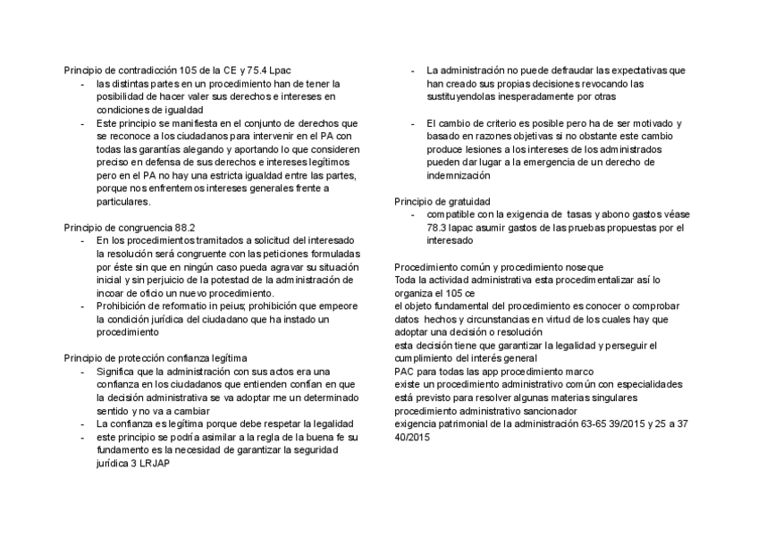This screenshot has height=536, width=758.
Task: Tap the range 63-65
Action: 584,424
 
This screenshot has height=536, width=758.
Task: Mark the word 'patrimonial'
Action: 461,424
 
